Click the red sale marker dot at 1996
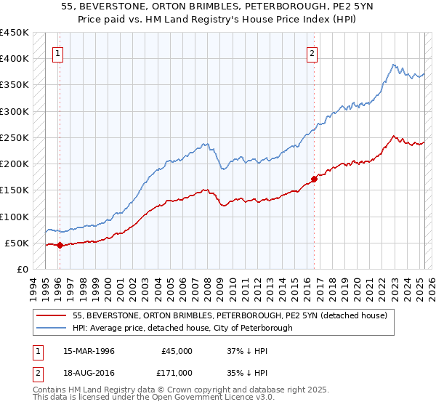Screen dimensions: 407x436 tap(60, 246)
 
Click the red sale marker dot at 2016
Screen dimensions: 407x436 tap(315, 179)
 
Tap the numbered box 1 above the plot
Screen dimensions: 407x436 tap(57, 52)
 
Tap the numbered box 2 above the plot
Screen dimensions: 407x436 tap(312, 52)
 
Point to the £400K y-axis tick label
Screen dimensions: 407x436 tap(15, 59)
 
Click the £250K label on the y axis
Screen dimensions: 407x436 tap(15, 137)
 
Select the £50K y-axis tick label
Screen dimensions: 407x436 tap(17, 243)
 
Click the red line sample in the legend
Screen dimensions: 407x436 tap(52, 315)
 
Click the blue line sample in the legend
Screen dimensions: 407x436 tap(52, 329)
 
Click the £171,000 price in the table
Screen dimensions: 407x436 tap(177, 371)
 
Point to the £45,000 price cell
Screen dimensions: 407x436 tap(177, 351)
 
